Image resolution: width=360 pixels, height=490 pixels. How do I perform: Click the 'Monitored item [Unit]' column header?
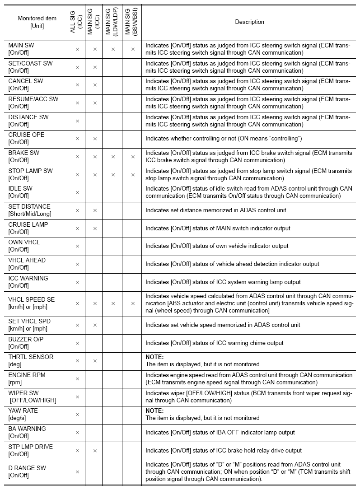[37, 22]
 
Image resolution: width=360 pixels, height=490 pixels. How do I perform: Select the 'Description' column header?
[249, 22]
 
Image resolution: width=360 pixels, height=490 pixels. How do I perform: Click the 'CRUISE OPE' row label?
[26, 138]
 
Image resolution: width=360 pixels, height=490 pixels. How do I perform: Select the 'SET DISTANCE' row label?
[30, 210]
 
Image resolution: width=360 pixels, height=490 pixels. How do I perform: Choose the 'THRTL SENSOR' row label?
[31, 360]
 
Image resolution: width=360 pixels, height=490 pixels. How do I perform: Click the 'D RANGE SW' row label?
[27, 471]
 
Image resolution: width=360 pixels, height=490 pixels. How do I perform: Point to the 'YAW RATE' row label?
[23, 414]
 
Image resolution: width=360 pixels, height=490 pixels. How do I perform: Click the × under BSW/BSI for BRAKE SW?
[133, 157]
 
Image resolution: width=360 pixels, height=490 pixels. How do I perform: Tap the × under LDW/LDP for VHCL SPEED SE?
[113, 303]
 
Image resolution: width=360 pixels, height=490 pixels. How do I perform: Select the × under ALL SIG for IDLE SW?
[77, 192]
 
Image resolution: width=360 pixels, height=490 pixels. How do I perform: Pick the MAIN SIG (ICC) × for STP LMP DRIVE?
[95, 450]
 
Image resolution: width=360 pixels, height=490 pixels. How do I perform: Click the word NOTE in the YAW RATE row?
[154, 411]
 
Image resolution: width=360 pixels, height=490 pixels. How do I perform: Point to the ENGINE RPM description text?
[248, 378]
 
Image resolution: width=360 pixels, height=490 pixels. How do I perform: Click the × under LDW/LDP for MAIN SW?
[113, 49]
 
